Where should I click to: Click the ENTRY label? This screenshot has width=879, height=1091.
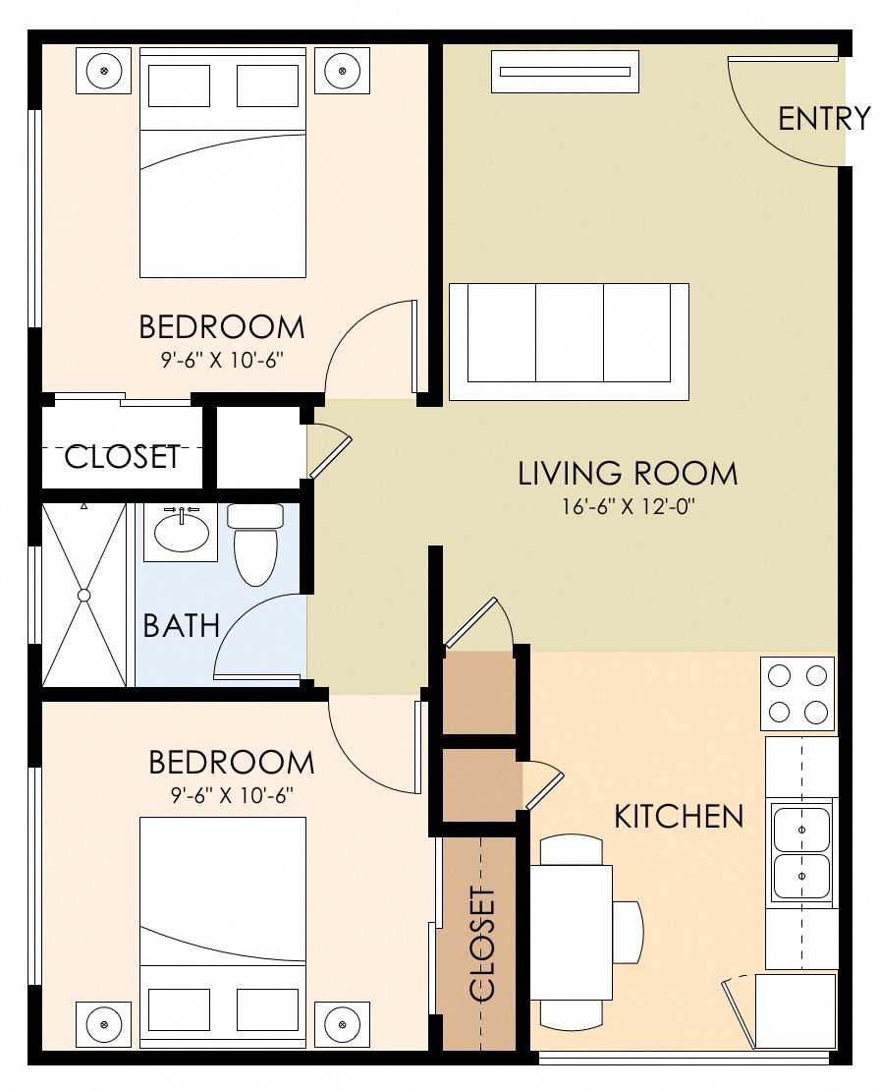click(x=823, y=119)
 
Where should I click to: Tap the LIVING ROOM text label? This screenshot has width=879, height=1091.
click(x=628, y=474)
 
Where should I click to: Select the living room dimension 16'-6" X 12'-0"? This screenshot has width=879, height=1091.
click(x=628, y=508)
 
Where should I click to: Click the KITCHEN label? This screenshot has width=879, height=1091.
click(x=679, y=816)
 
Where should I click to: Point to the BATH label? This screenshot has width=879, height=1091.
click(x=182, y=626)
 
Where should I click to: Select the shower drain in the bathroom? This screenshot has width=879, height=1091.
click(x=84, y=595)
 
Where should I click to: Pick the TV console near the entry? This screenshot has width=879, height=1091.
click(x=565, y=72)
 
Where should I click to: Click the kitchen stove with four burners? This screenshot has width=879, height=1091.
click(x=797, y=694)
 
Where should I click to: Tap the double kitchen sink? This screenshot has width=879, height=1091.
click(x=801, y=852)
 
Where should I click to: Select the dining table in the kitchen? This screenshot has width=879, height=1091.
click(x=572, y=930)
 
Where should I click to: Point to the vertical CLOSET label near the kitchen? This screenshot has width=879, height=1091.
click(x=481, y=945)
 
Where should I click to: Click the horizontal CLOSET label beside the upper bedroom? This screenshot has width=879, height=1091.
click(x=123, y=457)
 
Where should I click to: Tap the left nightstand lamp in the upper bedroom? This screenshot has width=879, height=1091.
click(x=104, y=71)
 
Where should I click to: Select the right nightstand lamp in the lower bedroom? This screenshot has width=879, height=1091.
click(x=342, y=1026)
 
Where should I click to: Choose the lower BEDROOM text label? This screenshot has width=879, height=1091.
click(x=232, y=763)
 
